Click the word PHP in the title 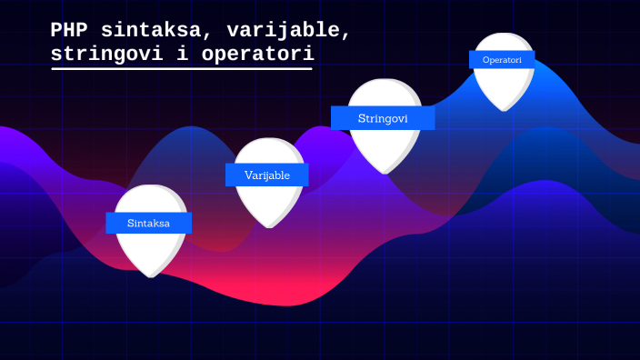(69, 31)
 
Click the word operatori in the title (257, 55)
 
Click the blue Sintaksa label (148, 223)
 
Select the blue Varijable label (266, 175)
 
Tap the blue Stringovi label (382, 118)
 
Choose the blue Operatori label (502, 60)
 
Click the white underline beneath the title (182, 69)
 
